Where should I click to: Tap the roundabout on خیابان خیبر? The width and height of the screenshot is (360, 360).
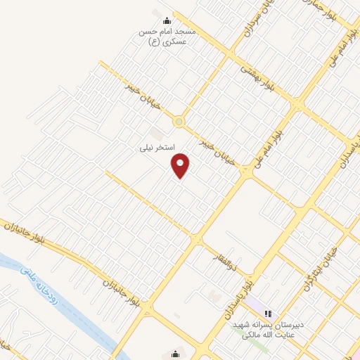179,122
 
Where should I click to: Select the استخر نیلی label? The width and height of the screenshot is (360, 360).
155,149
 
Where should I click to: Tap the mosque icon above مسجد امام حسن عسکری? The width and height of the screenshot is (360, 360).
166,20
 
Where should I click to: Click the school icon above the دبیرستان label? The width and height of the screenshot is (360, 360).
267,311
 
